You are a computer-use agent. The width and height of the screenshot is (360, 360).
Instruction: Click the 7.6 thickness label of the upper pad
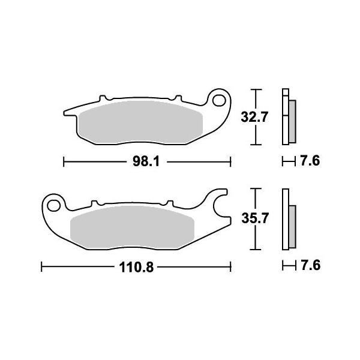[x=310, y=161]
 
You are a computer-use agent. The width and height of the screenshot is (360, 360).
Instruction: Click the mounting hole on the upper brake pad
[x=220, y=99]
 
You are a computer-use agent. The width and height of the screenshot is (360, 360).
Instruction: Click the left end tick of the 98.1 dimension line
[x=64, y=161]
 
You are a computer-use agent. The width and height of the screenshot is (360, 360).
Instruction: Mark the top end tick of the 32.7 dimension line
[x=257, y=90]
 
